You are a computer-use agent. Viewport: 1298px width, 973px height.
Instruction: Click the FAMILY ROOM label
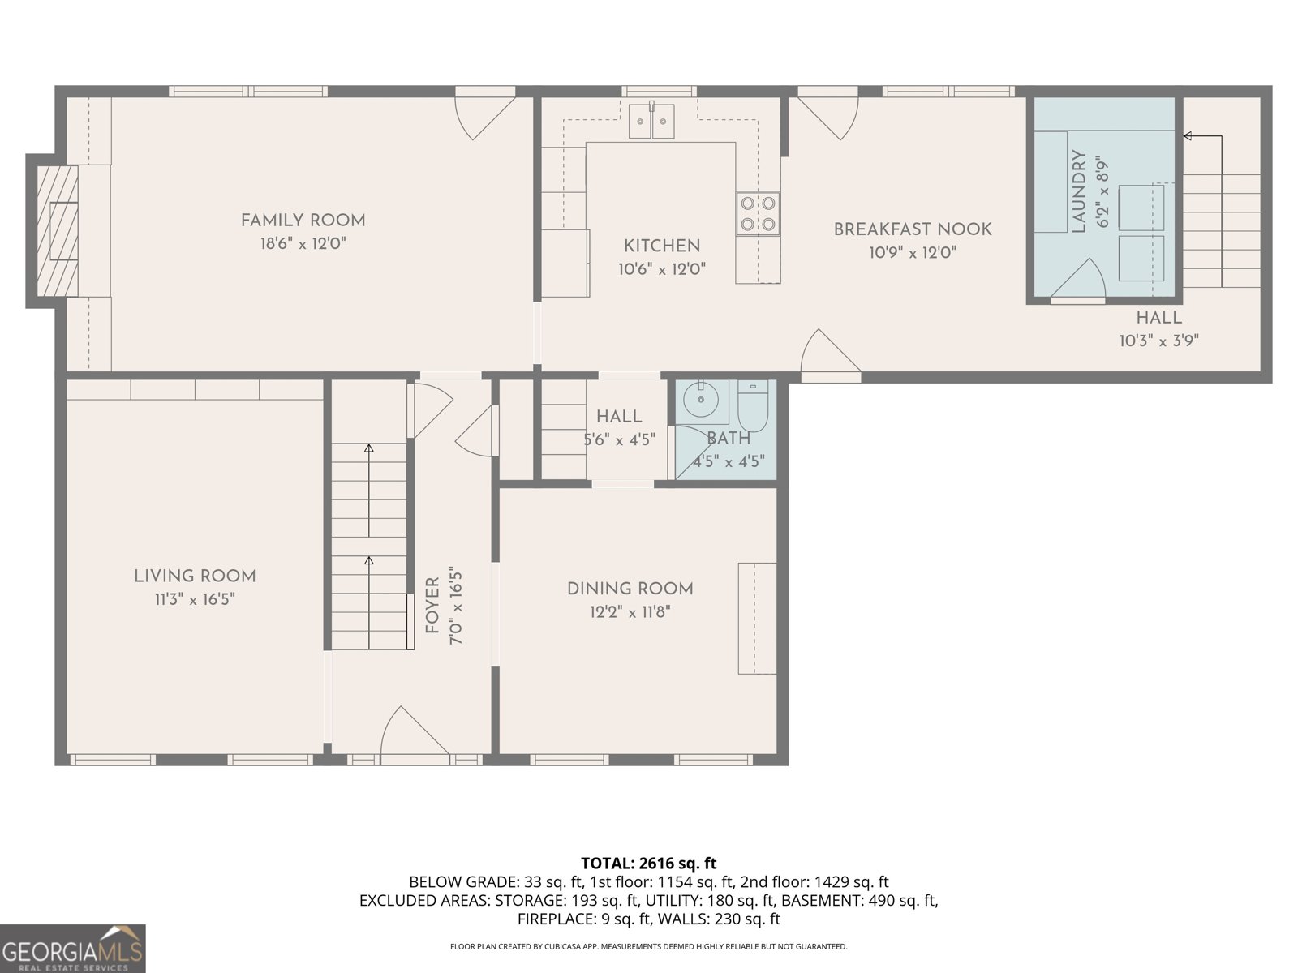(303, 220)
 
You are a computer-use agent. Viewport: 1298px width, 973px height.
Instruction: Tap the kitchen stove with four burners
(758, 214)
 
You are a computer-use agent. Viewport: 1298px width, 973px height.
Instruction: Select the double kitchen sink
(651, 122)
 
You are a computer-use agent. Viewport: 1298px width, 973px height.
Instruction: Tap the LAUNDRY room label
(1079, 191)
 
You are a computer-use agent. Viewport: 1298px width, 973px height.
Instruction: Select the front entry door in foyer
(414, 734)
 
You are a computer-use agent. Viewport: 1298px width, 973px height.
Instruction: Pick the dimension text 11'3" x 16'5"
(195, 599)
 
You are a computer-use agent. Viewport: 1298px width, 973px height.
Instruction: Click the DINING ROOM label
(630, 589)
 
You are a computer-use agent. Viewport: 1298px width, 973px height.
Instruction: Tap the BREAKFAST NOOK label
(913, 229)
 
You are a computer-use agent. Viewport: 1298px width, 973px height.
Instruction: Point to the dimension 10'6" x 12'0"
(662, 269)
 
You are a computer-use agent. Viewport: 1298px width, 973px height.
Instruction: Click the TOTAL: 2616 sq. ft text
(648, 864)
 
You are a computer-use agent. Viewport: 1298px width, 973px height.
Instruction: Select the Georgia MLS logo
(72, 948)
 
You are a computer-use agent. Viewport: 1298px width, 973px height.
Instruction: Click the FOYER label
(432, 606)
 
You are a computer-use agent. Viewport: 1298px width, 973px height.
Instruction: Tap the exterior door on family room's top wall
(484, 115)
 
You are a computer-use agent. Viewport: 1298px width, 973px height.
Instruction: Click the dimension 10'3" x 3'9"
(1158, 341)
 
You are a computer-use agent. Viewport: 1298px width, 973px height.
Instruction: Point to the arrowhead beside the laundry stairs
(1187, 136)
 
